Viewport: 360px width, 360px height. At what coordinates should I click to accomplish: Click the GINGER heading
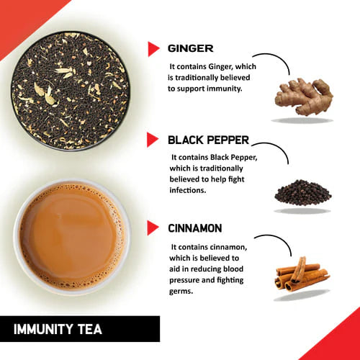click(x=189, y=49)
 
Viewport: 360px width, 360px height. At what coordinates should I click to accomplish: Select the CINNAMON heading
click(x=194, y=229)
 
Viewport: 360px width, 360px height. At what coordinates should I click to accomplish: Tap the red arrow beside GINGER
click(x=153, y=49)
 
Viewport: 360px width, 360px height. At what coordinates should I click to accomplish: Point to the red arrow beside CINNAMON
click(x=153, y=228)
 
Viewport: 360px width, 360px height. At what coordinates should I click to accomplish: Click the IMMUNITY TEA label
click(x=58, y=330)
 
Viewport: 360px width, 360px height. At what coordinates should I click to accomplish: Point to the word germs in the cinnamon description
click(x=184, y=292)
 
